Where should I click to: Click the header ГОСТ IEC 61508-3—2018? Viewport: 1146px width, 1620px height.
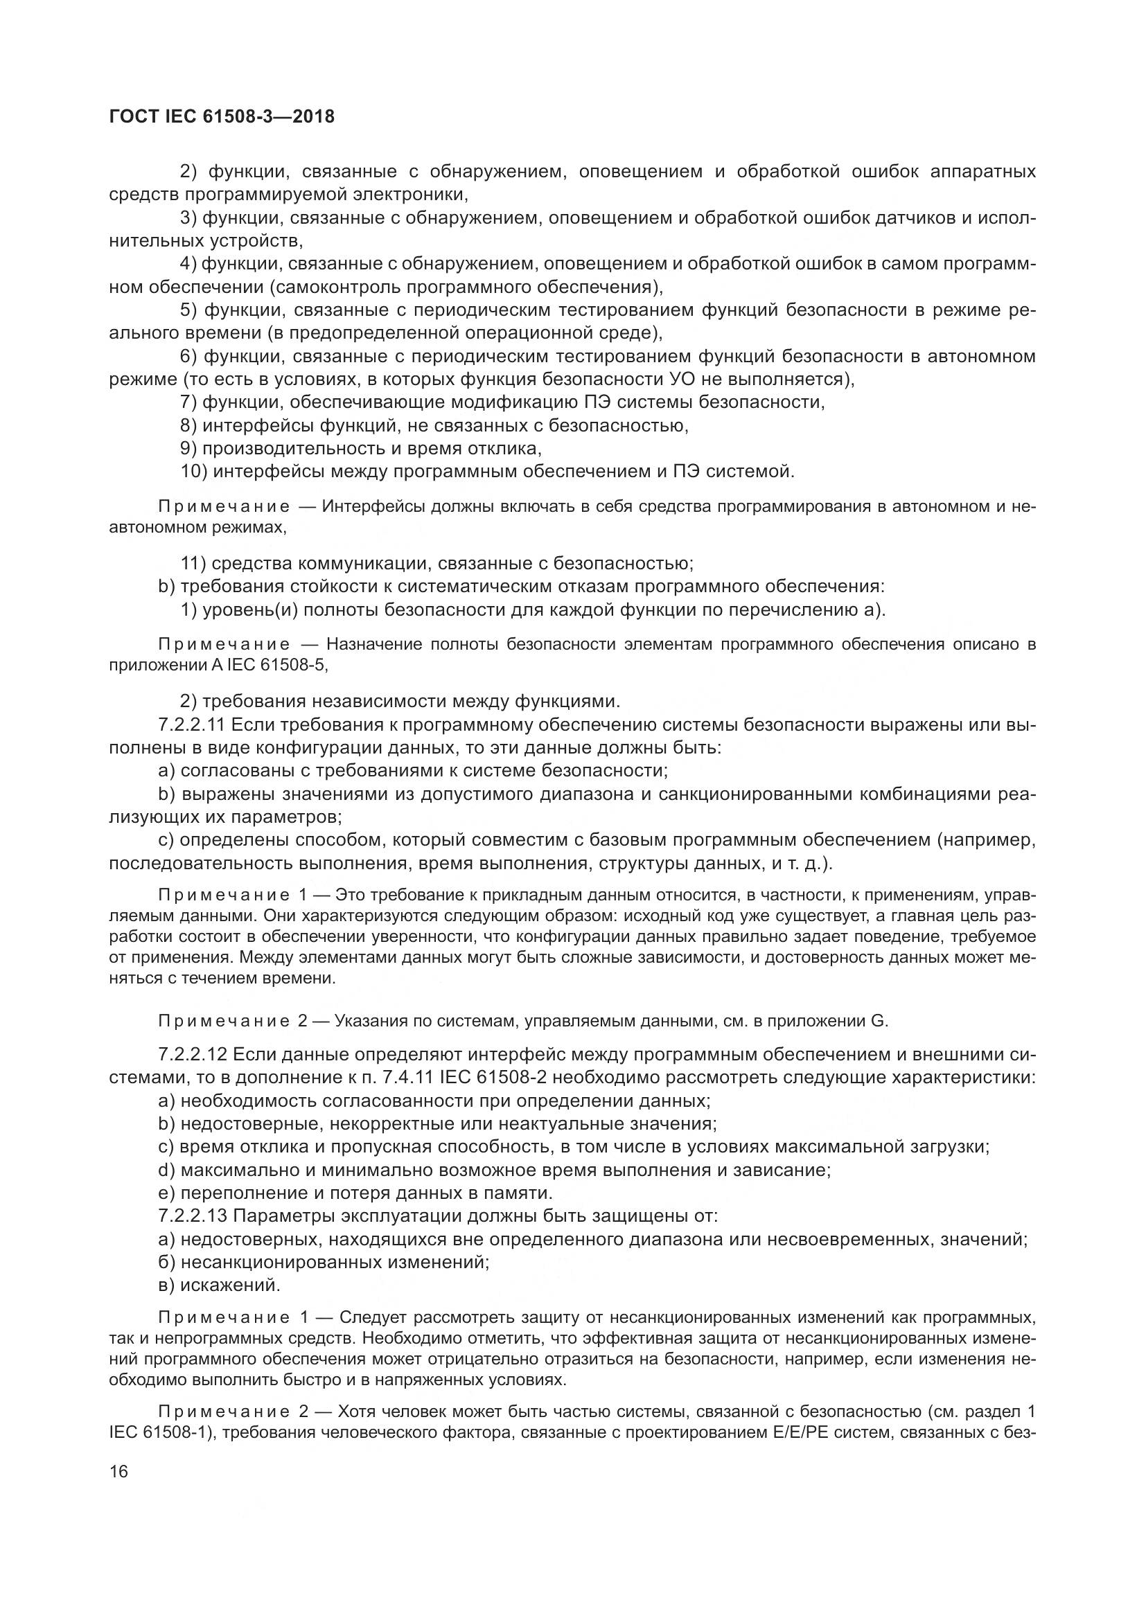(x=222, y=116)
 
